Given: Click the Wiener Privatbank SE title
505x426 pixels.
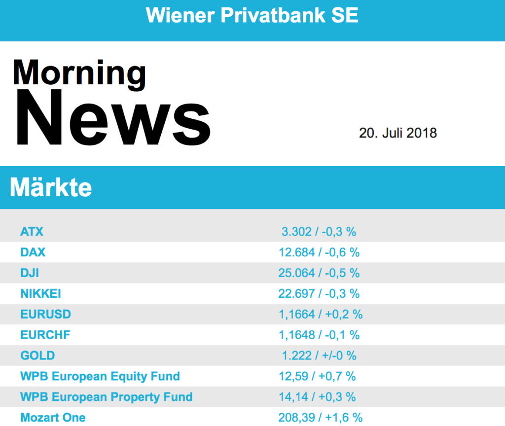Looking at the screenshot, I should [252, 15].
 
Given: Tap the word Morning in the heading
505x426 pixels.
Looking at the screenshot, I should [79, 73].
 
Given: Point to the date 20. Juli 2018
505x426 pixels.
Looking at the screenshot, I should [397, 133].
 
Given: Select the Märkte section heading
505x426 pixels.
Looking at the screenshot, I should [51, 187].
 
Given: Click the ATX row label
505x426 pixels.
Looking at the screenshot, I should [32, 231].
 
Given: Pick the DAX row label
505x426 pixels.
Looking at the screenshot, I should [33, 252].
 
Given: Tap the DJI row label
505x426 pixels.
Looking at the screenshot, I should [30, 273].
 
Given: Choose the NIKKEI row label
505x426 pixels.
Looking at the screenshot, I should [41, 293].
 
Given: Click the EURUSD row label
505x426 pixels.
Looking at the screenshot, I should [46, 314].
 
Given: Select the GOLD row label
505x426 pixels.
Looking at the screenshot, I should [37, 355].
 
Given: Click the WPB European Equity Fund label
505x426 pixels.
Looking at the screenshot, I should [100, 376].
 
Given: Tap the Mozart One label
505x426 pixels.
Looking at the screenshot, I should [53, 418].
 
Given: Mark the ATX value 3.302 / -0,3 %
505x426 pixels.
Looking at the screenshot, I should [319, 231].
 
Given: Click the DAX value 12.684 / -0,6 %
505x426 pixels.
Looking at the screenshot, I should [319, 252].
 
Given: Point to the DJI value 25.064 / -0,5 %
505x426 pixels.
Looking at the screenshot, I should [319, 273].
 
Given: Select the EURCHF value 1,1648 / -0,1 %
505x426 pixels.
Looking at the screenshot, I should [319, 335].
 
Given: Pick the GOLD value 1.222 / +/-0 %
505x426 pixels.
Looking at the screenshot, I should [319, 355].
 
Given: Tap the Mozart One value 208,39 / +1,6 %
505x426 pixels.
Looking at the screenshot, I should [320, 418].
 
